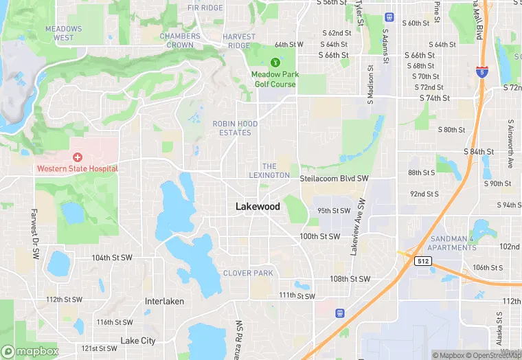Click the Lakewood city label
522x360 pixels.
(258, 206)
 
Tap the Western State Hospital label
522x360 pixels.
(78, 168)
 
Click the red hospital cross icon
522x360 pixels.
(78, 158)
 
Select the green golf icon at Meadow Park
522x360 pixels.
(275, 63)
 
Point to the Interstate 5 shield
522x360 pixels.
(482, 72)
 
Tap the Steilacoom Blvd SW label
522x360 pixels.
(334, 179)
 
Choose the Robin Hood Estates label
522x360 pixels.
(235, 128)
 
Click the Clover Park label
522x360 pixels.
(248, 273)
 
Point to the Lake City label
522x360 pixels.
(138, 341)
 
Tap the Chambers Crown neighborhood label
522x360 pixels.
(180, 40)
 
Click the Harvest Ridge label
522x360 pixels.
(239, 41)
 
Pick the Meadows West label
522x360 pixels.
(63, 33)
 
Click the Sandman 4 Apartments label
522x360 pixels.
(451, 243)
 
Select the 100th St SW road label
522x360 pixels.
(319, 236)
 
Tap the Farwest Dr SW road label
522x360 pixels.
(34, 234)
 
